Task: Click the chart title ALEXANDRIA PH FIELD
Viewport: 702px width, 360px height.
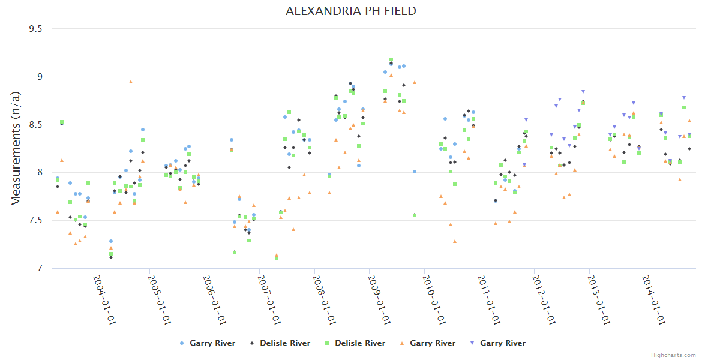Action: point(350,11)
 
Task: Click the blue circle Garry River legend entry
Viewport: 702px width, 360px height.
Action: point(208,343)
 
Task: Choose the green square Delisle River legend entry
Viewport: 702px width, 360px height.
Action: point(355,343)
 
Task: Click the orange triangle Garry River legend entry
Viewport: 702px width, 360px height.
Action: point(427,343)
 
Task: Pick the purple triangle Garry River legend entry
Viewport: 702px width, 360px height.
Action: point(497,343)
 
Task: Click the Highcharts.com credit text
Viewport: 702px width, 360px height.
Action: point(674,355)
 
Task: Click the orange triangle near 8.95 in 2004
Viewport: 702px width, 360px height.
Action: point(131,82)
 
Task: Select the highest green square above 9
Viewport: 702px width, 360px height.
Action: point(391,60)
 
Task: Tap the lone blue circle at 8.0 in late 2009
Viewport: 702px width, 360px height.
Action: point(415,172)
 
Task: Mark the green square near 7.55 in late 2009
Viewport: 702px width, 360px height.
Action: point(415,215)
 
